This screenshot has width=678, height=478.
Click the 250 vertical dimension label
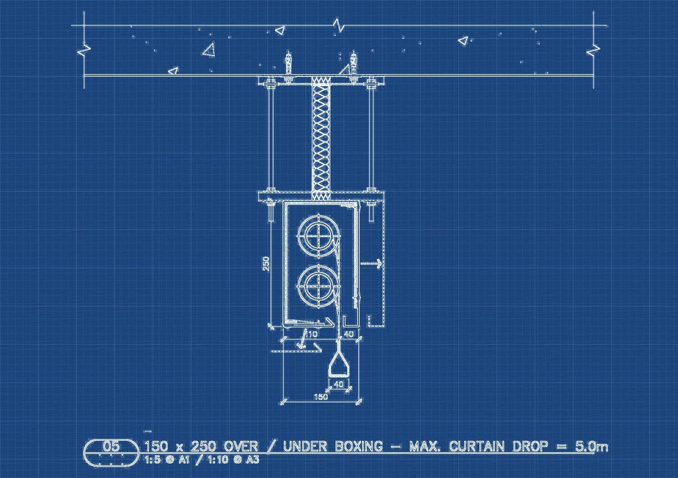pos(266,264)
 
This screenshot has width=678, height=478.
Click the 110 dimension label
pos(311,335)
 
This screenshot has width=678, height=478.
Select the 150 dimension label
pos(321,397)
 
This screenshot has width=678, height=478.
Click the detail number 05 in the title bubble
pos(111,446)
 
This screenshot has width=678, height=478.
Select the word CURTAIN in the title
pos(477,446)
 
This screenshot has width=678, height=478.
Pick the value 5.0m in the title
pos(591,446)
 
